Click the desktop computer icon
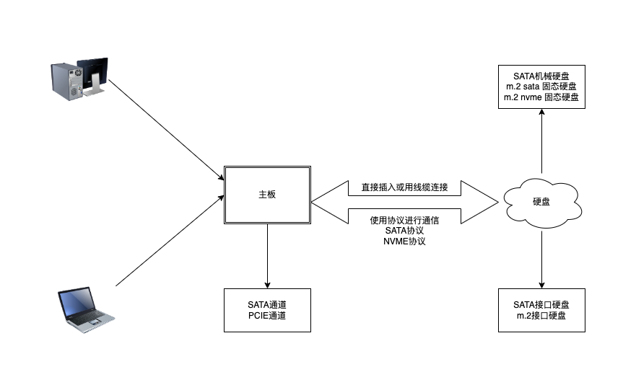[79, 79]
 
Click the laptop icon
[85, 310]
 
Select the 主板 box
[267, 195]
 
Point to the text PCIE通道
[267, 315]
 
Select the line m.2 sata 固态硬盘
[541, 87]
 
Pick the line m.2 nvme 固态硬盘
[541, 97]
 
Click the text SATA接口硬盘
[541, 305]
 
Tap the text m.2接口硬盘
[541, 315]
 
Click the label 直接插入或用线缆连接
[404, 188]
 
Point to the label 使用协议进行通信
[404, 221]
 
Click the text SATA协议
[404, 231]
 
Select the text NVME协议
[404, 241]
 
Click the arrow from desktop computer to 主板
[166, 126]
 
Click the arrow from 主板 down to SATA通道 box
[267, 256]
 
